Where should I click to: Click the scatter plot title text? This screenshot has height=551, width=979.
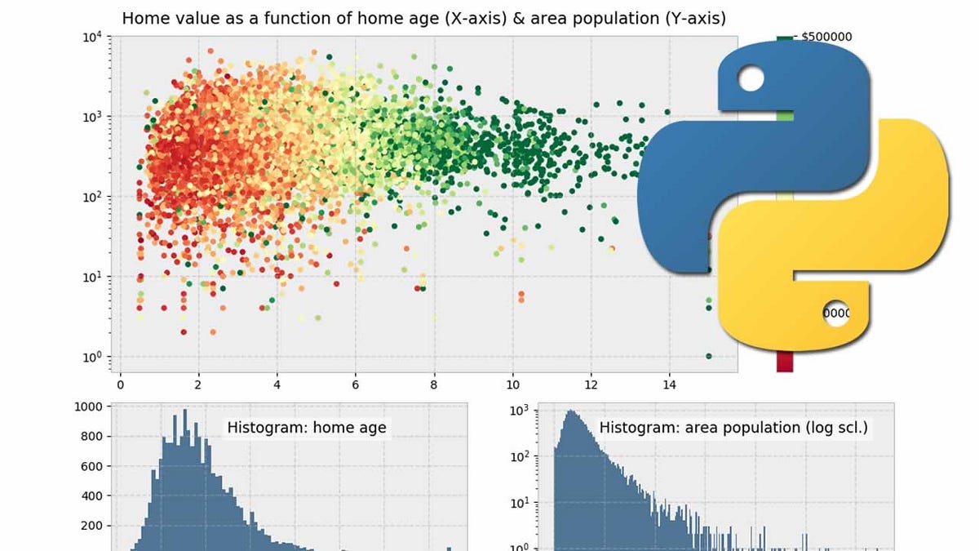pyautogui.click(x=423, y=17)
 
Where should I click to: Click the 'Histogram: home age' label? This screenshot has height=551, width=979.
pyautogui.click(x=307, y=427)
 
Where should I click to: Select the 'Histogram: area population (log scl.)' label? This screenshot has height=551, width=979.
pyautogui.click(x=733, y=427)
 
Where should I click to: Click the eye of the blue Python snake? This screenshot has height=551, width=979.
pyautogui.click(x=751, y=80)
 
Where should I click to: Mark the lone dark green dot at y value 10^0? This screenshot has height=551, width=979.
pyautogui.click(x=708, y=356)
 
